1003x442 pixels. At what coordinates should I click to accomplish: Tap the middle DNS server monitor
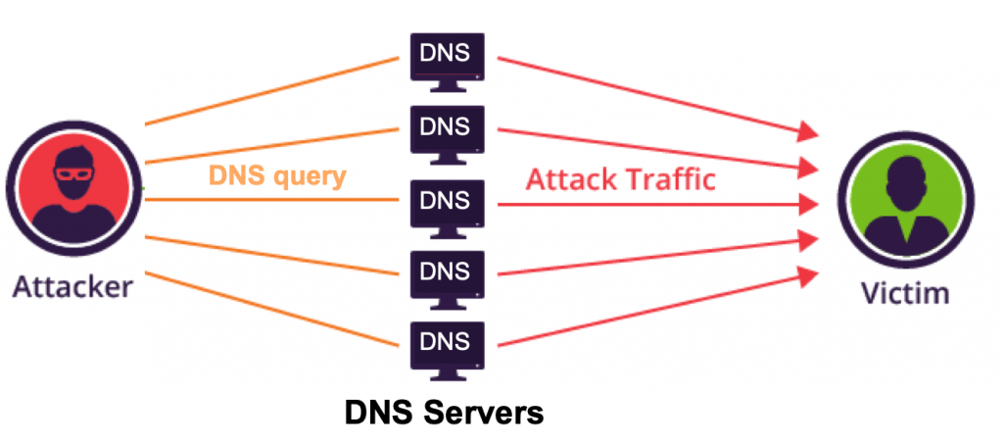(445, 204)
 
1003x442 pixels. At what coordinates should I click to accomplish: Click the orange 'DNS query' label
(276, 177)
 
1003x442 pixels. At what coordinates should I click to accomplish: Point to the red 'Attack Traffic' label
(620, 179)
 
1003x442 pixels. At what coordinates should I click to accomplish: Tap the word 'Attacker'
(72, 287)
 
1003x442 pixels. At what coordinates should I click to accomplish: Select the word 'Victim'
(904, 294)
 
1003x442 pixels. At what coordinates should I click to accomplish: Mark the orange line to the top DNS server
(274, 91)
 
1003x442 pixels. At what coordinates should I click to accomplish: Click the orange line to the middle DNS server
(274, 199)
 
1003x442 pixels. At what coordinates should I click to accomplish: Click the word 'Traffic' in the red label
(671, 179)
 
